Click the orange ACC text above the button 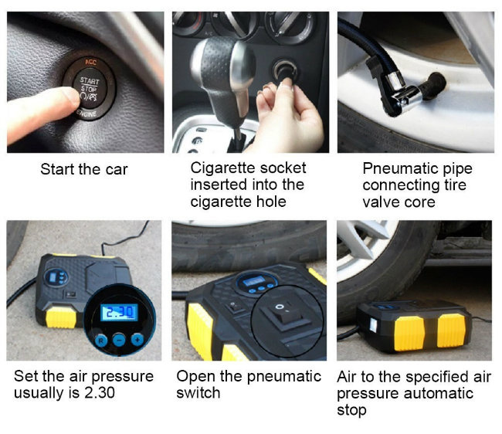90,62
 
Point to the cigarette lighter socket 285,71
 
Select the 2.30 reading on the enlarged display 120,313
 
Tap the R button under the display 101,341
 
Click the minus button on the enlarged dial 119,340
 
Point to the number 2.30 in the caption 100,393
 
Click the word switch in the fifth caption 198,393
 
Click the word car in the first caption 117,170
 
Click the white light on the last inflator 373,324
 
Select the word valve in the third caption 377,202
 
